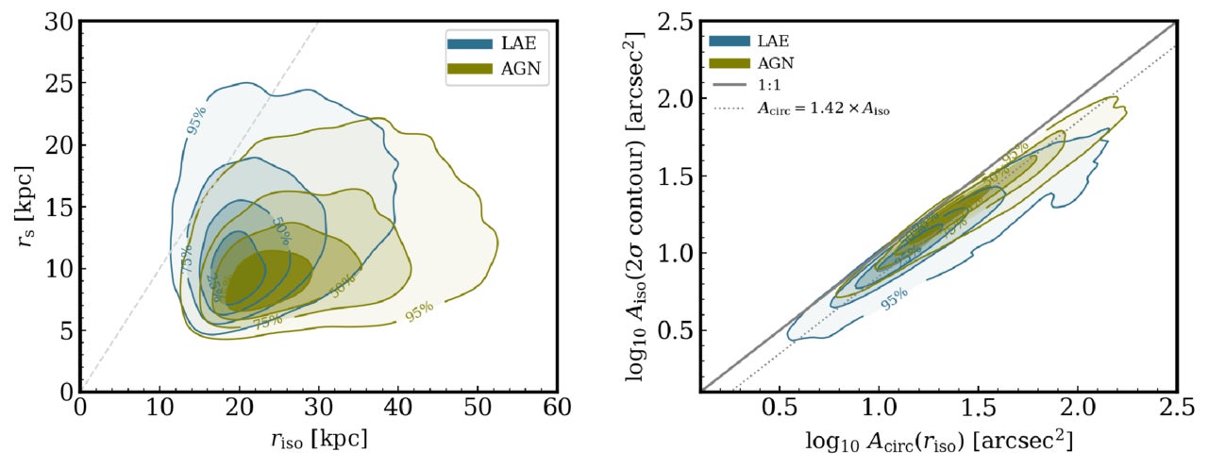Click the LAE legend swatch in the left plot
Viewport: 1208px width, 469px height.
[469, 43]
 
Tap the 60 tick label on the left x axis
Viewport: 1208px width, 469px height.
[557, 410]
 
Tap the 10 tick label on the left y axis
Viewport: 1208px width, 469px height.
[59, 268]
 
